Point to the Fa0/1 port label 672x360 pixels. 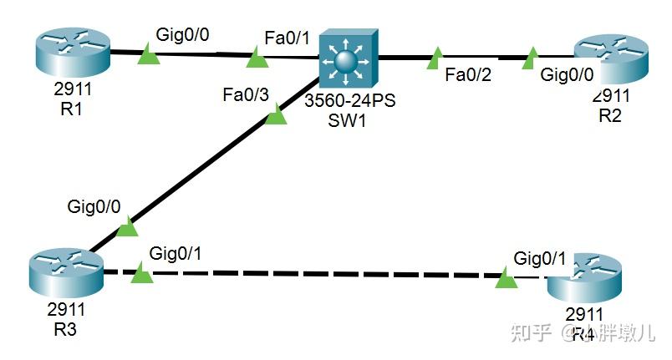[x=287, y=38]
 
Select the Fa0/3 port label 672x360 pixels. [x=246, y=94]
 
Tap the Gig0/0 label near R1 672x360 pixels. [x=185, y=34]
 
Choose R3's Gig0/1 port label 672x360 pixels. [x=176, y=252]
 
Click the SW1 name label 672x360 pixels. [x=348, y=120]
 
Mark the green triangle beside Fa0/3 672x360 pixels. [x=276, y=117]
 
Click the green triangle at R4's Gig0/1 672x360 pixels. [x=506, y=279]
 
